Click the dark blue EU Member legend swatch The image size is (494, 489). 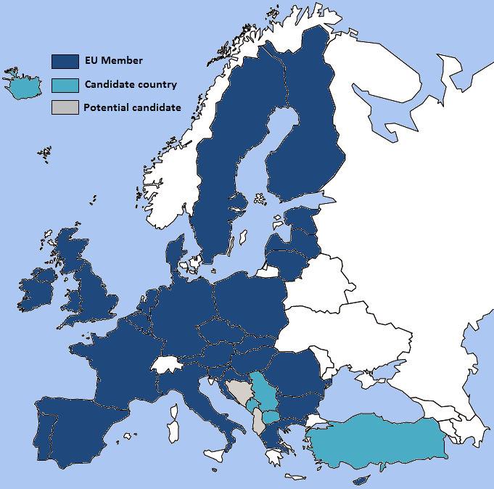(65, 62)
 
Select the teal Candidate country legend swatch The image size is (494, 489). (65, 85)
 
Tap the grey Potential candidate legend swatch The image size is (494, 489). (65, 108)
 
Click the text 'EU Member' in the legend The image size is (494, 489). (113, 61)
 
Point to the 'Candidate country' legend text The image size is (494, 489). (131, 84)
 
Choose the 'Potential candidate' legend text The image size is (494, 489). (132, 108)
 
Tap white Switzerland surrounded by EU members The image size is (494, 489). (168, 364)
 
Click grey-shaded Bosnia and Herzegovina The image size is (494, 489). (237, 391)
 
